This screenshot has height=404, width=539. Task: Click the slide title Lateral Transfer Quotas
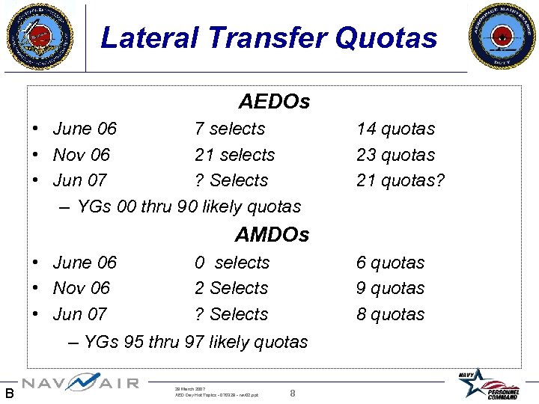[269, 37]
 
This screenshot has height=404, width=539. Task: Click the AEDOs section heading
[274, 101]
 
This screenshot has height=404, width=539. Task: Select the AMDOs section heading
[272, 235]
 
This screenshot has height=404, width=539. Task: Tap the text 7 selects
[230, 129]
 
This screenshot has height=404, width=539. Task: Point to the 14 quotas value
[395, 129]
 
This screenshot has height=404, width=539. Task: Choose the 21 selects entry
[234, 155]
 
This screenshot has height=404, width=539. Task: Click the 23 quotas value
[395, 155]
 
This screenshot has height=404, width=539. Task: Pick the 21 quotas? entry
[401, 180]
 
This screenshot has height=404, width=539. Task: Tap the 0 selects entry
[232, 263]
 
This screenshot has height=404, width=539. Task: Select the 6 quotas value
[390, 263]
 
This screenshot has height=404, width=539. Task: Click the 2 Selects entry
[231, 288]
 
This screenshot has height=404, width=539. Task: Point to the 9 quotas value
[390, 288]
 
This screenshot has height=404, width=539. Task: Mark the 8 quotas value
[390, 314]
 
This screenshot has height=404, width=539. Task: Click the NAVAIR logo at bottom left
[80, 382]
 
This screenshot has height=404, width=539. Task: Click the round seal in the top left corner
[40, 35]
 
